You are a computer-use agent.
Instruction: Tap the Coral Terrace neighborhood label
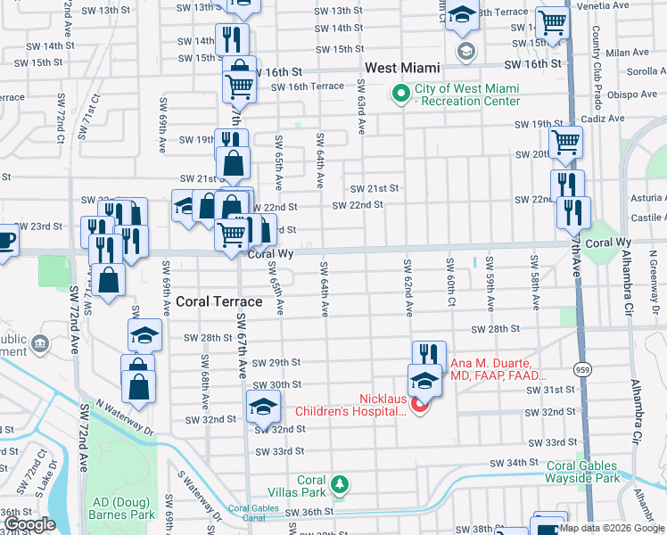point(218,301)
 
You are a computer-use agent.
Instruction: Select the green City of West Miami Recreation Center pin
point(399,94)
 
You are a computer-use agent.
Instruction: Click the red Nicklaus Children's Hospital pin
point(419,406)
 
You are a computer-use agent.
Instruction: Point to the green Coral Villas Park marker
point(339,486)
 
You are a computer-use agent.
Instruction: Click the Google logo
point(29,525)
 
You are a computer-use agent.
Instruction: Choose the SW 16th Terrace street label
point(308,86)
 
